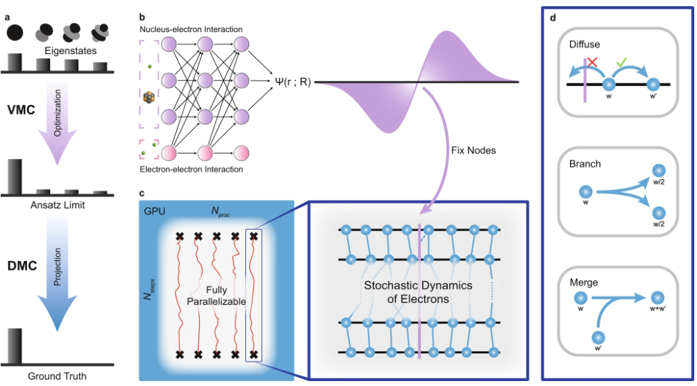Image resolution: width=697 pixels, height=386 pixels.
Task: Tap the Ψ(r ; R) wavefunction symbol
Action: (x=292, y=83)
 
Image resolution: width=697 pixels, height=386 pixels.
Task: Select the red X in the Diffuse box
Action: (x=591, y=62)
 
